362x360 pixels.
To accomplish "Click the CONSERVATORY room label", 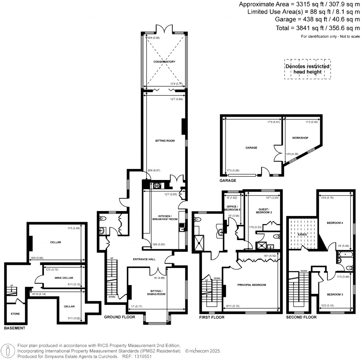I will (164, 62).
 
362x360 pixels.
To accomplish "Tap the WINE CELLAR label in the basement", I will (64, 278).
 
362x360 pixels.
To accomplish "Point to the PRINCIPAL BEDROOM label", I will (252, 285).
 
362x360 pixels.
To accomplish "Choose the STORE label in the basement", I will (15, 314).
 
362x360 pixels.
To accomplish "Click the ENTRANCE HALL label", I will (142, 259).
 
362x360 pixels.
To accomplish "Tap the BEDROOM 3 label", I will (334, 294).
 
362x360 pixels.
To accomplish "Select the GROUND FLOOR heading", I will (119, 317).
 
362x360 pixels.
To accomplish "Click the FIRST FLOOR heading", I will (212, 317).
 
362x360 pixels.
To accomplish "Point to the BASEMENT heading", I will (14, 329).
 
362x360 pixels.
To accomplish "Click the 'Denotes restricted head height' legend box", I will (307, 69).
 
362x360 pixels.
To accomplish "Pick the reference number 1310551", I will (142, 357).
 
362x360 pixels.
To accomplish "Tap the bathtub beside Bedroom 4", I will (343, 254).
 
